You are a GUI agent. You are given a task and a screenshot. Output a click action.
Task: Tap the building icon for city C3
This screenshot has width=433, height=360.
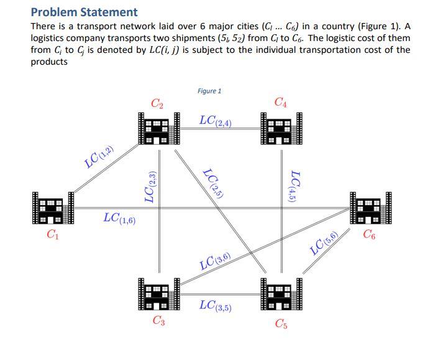click(158, 294)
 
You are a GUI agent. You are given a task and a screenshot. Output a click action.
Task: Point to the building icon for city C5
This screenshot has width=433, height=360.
click(281, 294)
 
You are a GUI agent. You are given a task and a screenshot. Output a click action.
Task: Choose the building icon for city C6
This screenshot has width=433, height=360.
click(372, 208)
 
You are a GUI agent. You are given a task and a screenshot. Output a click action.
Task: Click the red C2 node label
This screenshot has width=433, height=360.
click(158, 103)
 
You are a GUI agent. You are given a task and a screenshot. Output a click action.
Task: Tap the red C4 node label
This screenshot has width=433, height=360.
click(280, 102)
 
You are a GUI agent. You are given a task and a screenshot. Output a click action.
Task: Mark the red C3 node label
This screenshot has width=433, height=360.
click(158, 321)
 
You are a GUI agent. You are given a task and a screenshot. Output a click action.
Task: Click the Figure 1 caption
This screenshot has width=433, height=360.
click(209, 91)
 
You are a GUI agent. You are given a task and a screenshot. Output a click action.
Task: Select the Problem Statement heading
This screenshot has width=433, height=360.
click(84, 12)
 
